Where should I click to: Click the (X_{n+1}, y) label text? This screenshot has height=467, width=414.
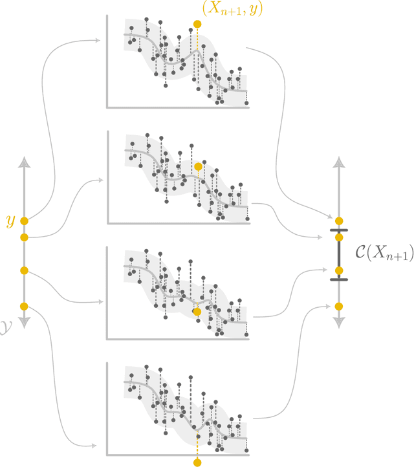tap(232, 9)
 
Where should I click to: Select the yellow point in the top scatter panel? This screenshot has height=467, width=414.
tap(197, 25)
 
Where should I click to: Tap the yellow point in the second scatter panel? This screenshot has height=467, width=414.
tap(198, 167)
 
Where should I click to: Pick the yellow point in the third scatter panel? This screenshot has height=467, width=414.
tap(197, 311)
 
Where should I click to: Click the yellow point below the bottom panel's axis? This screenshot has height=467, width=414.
tap(197, 462)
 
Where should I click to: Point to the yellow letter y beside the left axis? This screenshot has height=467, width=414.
tap(10, 221)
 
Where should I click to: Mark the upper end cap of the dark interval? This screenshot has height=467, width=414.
tap(338, 230)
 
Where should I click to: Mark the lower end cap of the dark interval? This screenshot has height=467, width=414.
tap(338, 279)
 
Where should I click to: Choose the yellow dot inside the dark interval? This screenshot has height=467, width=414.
tap(338, 270)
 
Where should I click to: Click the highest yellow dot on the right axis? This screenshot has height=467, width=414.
tap(338, 221)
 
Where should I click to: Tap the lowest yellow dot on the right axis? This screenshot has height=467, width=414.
tap(338, 306)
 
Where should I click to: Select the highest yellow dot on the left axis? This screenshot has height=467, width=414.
tap(24, 221)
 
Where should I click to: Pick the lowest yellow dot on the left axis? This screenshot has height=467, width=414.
tap(24, 306)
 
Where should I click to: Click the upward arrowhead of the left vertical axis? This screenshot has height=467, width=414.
tap(24, 162)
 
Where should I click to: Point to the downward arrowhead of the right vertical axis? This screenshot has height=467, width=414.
tap(338, 321)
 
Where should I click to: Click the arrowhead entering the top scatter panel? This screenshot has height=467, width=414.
tap(98, 41)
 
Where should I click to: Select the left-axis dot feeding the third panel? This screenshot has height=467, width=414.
tap(24, 270)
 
